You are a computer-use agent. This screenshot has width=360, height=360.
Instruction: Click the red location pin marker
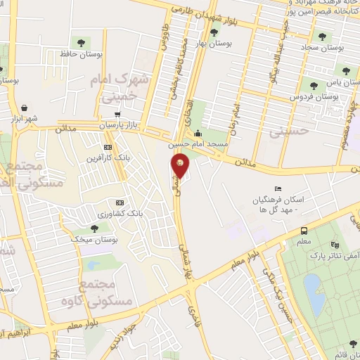click(x=181, y=166)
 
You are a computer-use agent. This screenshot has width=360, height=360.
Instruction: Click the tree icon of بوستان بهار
click(x=213, y=32)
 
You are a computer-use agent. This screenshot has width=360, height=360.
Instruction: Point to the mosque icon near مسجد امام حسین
click(x=198, y=134)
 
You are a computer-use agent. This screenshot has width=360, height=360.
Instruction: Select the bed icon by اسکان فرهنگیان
click(x=278, y=189)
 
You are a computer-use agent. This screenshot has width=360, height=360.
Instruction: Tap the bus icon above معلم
click(x=303, y=231)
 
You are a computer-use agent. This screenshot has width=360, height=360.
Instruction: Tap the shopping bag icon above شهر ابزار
click(x=25, y=108)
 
